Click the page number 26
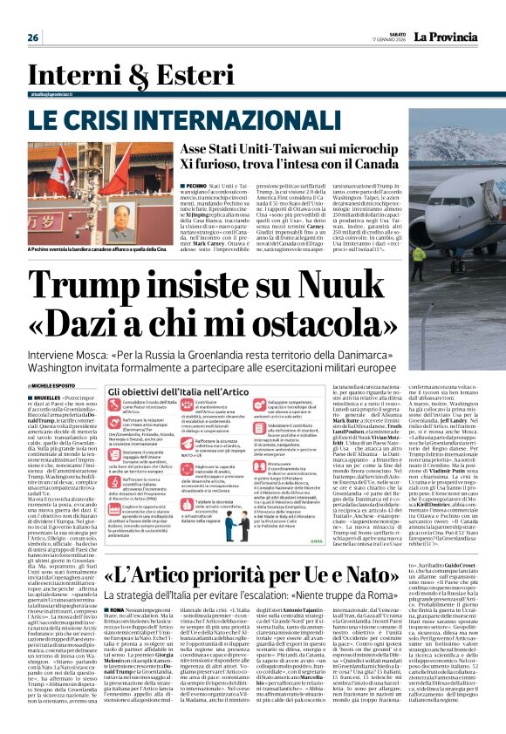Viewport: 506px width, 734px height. [x=34, y=37]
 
